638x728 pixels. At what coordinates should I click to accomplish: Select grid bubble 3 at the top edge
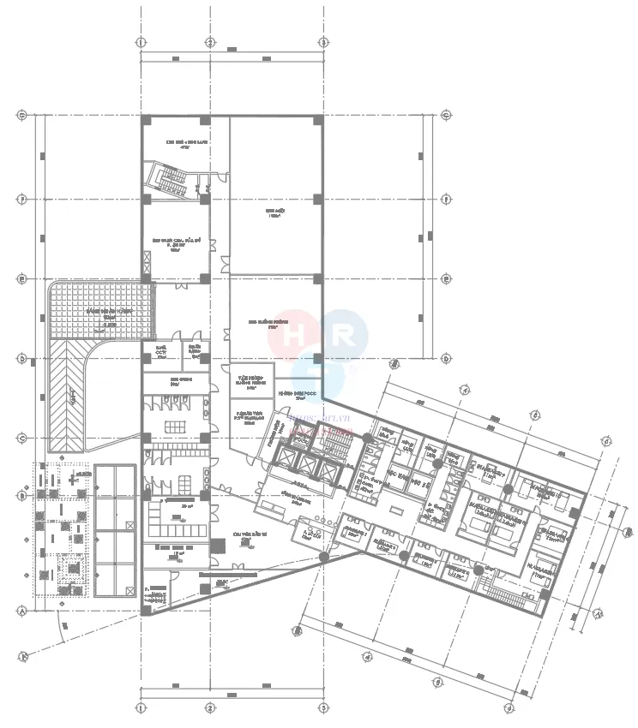[323, 42]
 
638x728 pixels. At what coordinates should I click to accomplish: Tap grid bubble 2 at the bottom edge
[209, 708]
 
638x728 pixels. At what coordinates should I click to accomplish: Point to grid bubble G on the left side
[23, 115]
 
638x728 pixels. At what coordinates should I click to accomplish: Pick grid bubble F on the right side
[446, 199]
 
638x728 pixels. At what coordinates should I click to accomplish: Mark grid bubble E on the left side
[23, 279]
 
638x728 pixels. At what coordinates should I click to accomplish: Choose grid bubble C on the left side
[23, 439]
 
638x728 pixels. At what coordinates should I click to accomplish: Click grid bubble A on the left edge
[23, 612]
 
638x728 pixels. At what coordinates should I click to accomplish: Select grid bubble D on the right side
[446, 358]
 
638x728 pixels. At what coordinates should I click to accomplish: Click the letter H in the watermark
[297, 334]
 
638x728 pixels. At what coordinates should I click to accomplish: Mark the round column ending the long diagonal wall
[324, 558]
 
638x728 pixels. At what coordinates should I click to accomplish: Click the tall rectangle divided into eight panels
[115, 531]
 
